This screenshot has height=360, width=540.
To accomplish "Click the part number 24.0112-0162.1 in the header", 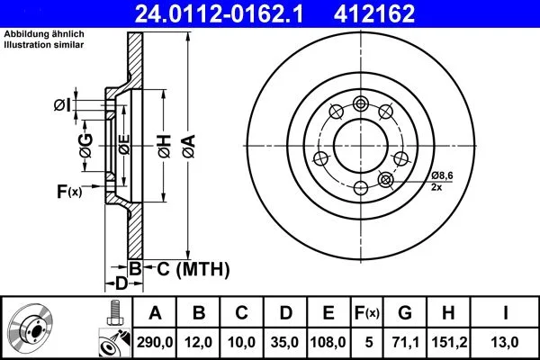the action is tap(219, 13).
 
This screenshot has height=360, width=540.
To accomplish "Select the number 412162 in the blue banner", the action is tap(374, 13).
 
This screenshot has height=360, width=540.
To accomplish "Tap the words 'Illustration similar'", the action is tap(44, 45).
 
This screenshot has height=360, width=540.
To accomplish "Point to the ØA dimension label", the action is tap(189, 147).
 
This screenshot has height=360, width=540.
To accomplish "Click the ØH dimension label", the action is tap(165, 147).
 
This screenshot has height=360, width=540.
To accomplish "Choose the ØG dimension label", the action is tap(86, 146).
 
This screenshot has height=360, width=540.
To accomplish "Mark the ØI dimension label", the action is tap(62, 105).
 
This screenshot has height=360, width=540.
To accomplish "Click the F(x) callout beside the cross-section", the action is tap(69, 192).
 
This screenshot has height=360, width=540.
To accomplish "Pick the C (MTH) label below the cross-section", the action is tap(193, 269).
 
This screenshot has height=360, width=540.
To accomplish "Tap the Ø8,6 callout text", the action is tap(443, 175).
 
